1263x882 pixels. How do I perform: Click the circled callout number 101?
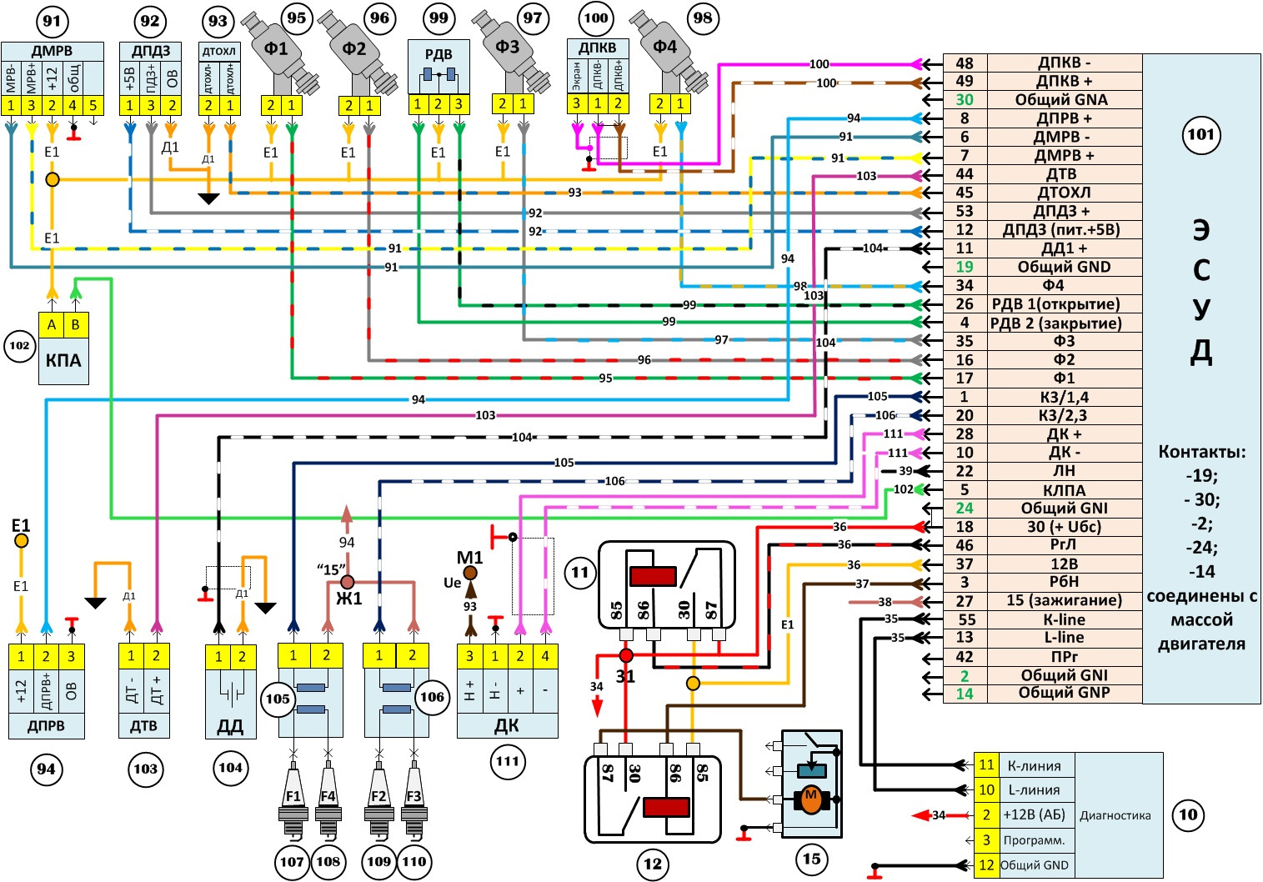tap(1200, 135)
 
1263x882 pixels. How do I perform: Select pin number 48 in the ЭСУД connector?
tap(965, 63)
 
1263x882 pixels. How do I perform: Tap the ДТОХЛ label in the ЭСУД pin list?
tap(1064, 193)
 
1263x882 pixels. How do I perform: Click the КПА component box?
tap(63, 360)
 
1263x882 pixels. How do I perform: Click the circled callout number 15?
tap(811, 859)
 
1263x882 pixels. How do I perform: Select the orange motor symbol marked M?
tap(810, 799)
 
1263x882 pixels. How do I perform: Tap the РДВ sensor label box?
tap(439, 55)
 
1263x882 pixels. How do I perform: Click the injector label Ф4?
tap(664, 48)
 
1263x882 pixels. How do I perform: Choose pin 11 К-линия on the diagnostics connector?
tap(986, 764)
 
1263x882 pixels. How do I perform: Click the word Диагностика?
tap(1115, 815)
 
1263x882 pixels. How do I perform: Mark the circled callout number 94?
tap(46, 769)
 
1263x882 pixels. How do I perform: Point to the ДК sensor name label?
tap(506, 726)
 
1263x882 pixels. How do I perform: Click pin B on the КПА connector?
tap(76, 325)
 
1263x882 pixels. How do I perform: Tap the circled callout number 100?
tap(595, 18)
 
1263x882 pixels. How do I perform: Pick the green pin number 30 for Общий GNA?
tap(965, 100)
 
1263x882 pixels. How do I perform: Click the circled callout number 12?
tap(653, 864)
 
